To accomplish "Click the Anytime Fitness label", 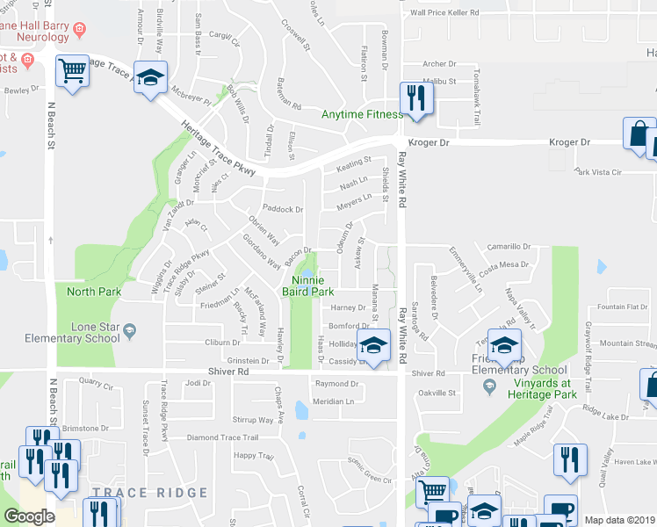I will (362, 115).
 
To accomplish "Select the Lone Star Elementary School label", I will (84, 332).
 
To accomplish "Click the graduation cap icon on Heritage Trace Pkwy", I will (151, 77).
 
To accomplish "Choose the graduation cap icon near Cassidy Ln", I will (374, 344).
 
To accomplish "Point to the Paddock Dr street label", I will (283, 210).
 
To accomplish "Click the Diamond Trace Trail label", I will (223, 437).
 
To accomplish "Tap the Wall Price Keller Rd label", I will (445, 13).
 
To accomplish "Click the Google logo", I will (30, 516).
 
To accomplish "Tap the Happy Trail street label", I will (254, 456).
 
